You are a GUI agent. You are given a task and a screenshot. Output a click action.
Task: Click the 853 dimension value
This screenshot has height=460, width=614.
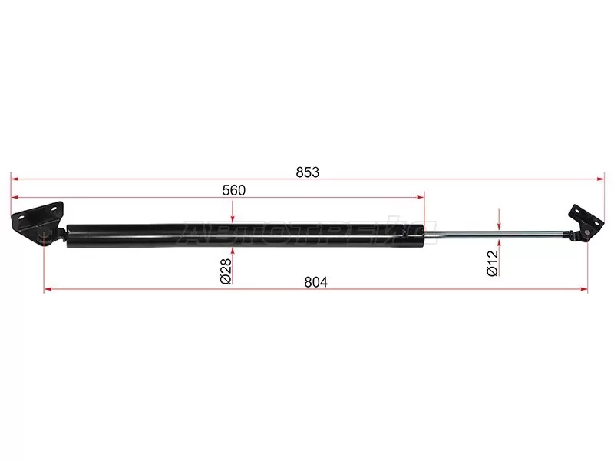308,172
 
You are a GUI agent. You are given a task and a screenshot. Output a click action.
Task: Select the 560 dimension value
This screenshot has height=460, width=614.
234,190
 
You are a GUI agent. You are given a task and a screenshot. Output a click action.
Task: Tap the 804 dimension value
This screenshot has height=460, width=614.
315,282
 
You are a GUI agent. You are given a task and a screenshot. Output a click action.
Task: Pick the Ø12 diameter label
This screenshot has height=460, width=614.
492,264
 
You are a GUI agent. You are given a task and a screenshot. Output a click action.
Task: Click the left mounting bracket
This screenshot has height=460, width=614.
38,222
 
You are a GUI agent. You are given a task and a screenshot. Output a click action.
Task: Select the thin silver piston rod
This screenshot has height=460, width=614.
494,235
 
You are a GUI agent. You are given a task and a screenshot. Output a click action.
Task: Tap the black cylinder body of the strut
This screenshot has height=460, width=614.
246,235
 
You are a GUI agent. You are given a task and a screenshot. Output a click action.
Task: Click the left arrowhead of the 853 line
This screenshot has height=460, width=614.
15,179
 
